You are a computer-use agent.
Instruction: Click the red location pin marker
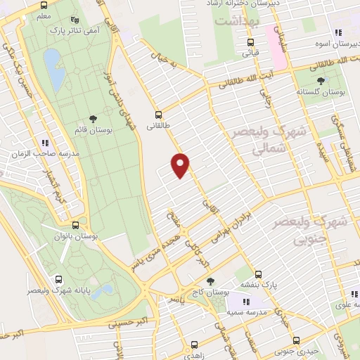click(181, 165)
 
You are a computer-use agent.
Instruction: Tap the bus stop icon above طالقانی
click(157, 114)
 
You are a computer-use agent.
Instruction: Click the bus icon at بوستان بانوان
click(75, 225)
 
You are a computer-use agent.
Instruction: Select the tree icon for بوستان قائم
click(92, 120)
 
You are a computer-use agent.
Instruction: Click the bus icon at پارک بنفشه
click(258, 275)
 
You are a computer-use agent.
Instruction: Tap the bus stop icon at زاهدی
click(195, 345)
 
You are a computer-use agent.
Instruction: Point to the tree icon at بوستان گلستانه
click(321, 81)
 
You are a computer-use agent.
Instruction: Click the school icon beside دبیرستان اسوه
click(337, 32)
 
